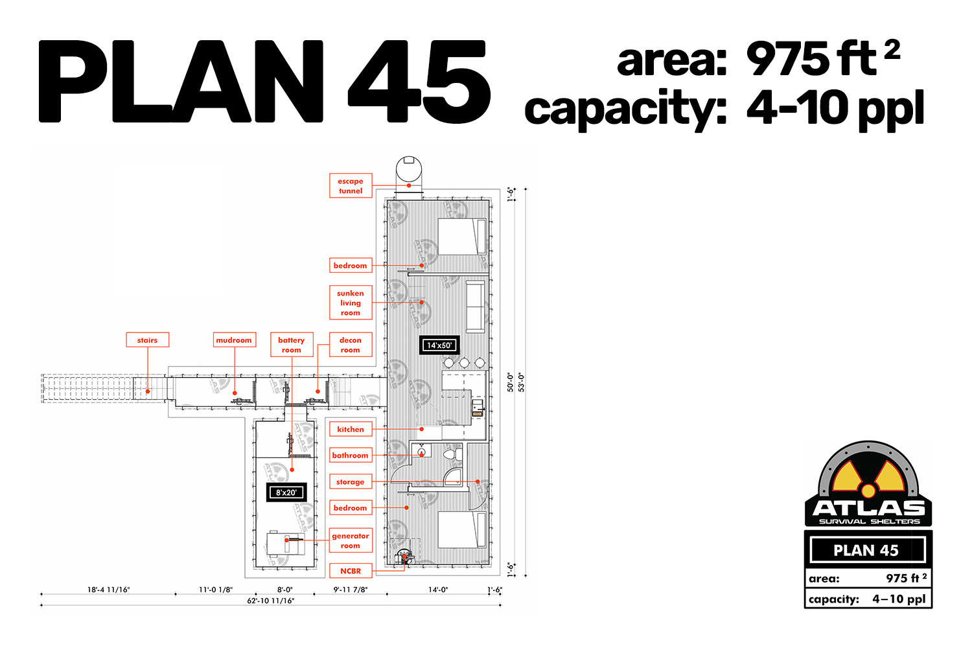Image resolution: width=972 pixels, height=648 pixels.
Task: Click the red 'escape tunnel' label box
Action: pos(351,186)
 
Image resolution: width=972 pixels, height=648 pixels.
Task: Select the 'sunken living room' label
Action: pos(351,303)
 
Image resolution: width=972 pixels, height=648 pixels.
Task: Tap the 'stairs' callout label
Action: pos(148,340)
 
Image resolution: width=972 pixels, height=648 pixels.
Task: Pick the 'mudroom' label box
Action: pos(235,340)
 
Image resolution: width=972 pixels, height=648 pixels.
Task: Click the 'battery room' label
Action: pos(292,345)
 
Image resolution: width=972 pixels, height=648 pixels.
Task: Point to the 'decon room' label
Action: pos(351,345)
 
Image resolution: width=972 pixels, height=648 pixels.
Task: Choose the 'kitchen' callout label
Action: pos(351,429)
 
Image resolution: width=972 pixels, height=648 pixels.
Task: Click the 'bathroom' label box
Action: pos(351,456)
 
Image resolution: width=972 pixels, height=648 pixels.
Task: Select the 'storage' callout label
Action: pos(351,481)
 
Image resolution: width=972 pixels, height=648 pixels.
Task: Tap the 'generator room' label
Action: pos(351,540)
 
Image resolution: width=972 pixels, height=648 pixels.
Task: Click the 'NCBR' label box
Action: pos(351,571)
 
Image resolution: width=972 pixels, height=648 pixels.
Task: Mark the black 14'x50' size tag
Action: pos(439,345)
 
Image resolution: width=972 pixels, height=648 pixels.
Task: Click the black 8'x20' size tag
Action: pos(286,492)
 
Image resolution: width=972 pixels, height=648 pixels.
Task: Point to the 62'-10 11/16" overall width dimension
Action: pos(271,601)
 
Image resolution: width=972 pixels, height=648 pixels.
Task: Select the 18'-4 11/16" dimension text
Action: pos(108,590)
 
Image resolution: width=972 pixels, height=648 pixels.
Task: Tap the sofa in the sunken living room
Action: pos(476,307)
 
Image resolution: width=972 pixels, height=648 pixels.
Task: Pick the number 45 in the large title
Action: pos(419,81)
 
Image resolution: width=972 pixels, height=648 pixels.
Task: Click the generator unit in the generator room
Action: pos(285,544)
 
